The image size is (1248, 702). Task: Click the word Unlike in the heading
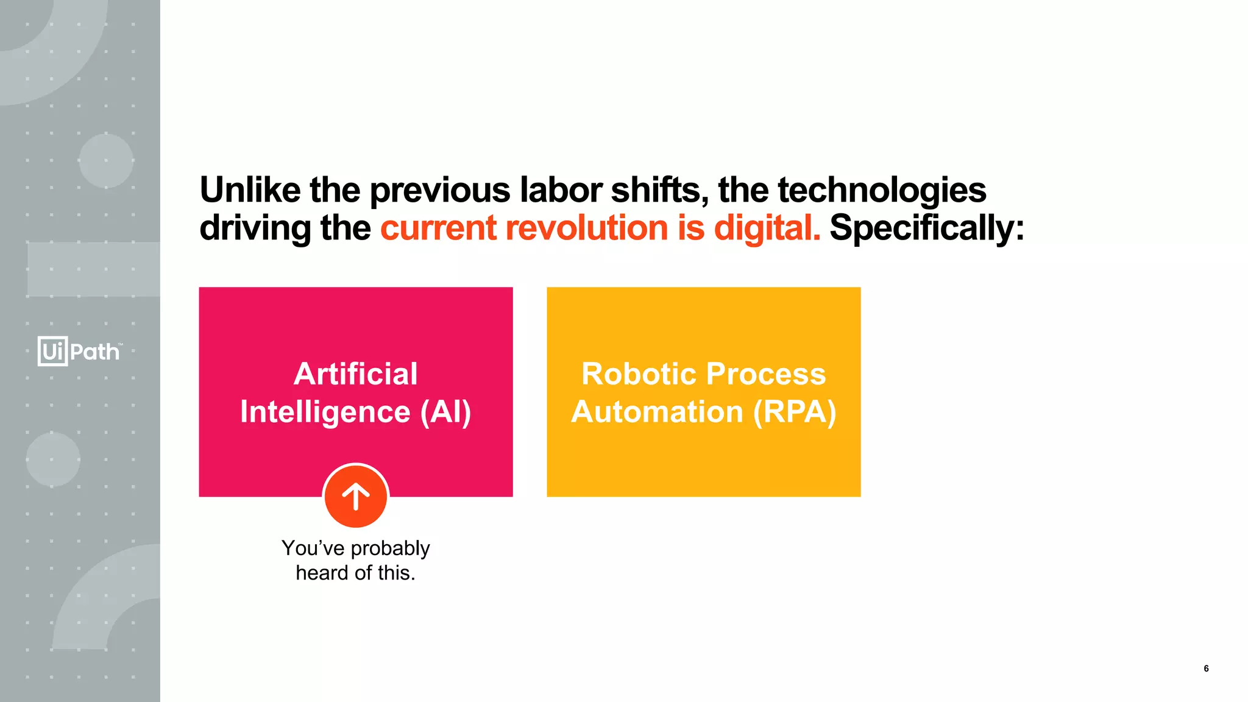tap(250, 190)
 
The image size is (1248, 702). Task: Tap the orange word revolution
tap(587, 228)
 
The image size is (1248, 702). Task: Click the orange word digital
tap(766, 229)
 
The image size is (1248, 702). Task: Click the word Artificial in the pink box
tap(356, 374)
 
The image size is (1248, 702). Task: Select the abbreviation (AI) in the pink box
tap(446, 412)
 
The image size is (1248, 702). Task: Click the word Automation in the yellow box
tap(657, 412)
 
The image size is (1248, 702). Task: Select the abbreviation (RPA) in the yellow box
tap(795, 412)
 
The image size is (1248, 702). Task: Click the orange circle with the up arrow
tap(356, 496)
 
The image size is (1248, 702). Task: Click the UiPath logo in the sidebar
tap(79, 351)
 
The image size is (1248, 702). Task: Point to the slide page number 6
tap(1206, 668)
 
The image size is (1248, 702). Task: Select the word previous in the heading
tap(440, 191)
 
